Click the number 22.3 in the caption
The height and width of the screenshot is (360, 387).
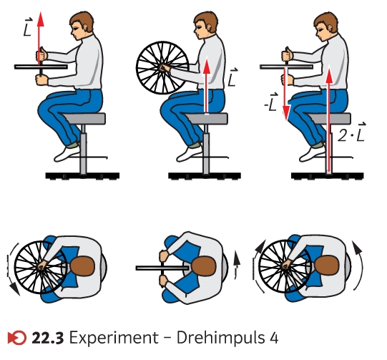pyautogui.click(x=48, y=338)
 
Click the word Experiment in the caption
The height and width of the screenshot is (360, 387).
pyautogui.click(x=114, y=338)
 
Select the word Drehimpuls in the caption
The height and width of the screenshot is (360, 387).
pyautogui.click(x=220, y=338)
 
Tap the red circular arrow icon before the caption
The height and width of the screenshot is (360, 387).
pyautogui.click(x=16, y=338)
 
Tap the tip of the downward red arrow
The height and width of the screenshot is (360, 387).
pyautogui.click(x=286, y=121)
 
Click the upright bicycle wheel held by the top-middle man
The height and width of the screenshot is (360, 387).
pyautogui.click(x=162, y=68)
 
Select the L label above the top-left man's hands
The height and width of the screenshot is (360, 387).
pyautogui.click(x=28, y=27)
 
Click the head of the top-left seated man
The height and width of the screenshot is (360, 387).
pyautogui.click(x=82, y=26)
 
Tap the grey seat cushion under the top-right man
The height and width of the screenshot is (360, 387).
pyautogui.click(x=329, y=119)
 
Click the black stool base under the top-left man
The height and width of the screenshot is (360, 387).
pyautogui.click(x=82, y=176)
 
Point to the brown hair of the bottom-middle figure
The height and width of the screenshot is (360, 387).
pyautogui.click(x=204, y=266)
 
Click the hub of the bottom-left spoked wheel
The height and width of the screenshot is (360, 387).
pyautogui.click(x=42, y=266)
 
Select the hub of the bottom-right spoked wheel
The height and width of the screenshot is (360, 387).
pyautogui.click(x=286, y=266)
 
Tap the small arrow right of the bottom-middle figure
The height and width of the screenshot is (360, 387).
pyautogui.click(x=237, y=265)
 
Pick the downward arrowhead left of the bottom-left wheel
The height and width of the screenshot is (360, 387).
pyautogui.click(x=15, y=289)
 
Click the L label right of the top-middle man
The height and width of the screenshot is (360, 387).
pyautogui.click(x=232, y=77)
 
